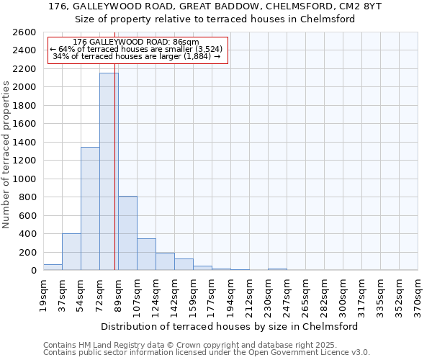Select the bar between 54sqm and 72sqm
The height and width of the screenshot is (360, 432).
coord(90,209)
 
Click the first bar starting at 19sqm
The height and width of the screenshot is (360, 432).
coord(53,267)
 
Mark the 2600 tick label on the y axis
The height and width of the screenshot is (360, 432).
coord(24,32)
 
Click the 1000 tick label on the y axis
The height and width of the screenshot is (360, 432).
coord(24,179)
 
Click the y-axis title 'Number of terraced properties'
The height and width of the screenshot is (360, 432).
coord(6,155)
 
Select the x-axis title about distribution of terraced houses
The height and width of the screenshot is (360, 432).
coord(230,326)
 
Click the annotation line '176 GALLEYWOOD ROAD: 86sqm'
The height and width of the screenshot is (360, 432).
coord(136,42)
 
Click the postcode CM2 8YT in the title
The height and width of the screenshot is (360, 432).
coord(358,6)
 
